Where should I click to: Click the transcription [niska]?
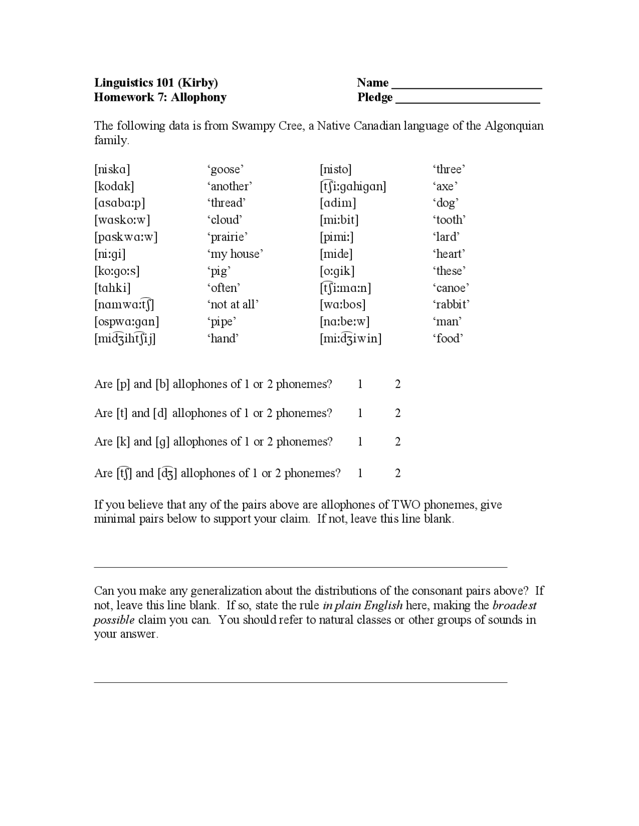[112, 170]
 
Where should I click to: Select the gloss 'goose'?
[225, 170]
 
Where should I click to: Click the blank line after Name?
[467, 84]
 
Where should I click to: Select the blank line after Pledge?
[468, 98]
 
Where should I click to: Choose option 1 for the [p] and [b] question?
[360, 384]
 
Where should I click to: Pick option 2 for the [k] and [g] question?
[398, 441]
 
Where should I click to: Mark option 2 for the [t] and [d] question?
[398, 413]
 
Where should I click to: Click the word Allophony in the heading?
[199, 97]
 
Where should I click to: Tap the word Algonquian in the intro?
[514, 126]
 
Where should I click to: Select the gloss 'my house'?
[235, 254]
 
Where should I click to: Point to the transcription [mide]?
[336, 254]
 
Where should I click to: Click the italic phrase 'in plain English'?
[362, 606]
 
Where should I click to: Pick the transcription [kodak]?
[114, 187]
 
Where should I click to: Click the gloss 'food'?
[448, 339]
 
